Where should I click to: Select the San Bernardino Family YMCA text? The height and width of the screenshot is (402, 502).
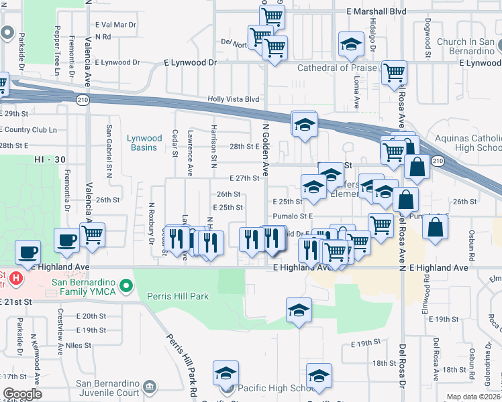(83, 286)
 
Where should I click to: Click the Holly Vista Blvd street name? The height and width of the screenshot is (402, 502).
(233, 98)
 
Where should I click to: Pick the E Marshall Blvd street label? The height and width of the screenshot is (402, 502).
(376, 11)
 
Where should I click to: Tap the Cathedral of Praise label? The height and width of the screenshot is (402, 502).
(334, 68)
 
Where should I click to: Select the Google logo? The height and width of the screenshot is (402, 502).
(21, 393)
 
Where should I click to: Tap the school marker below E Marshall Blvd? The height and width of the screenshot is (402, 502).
(349, 45)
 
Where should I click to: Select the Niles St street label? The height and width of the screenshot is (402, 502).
(78, 346)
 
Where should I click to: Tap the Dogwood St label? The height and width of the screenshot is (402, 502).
(427, 38)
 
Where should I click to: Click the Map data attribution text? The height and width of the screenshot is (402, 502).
(474, 397)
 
